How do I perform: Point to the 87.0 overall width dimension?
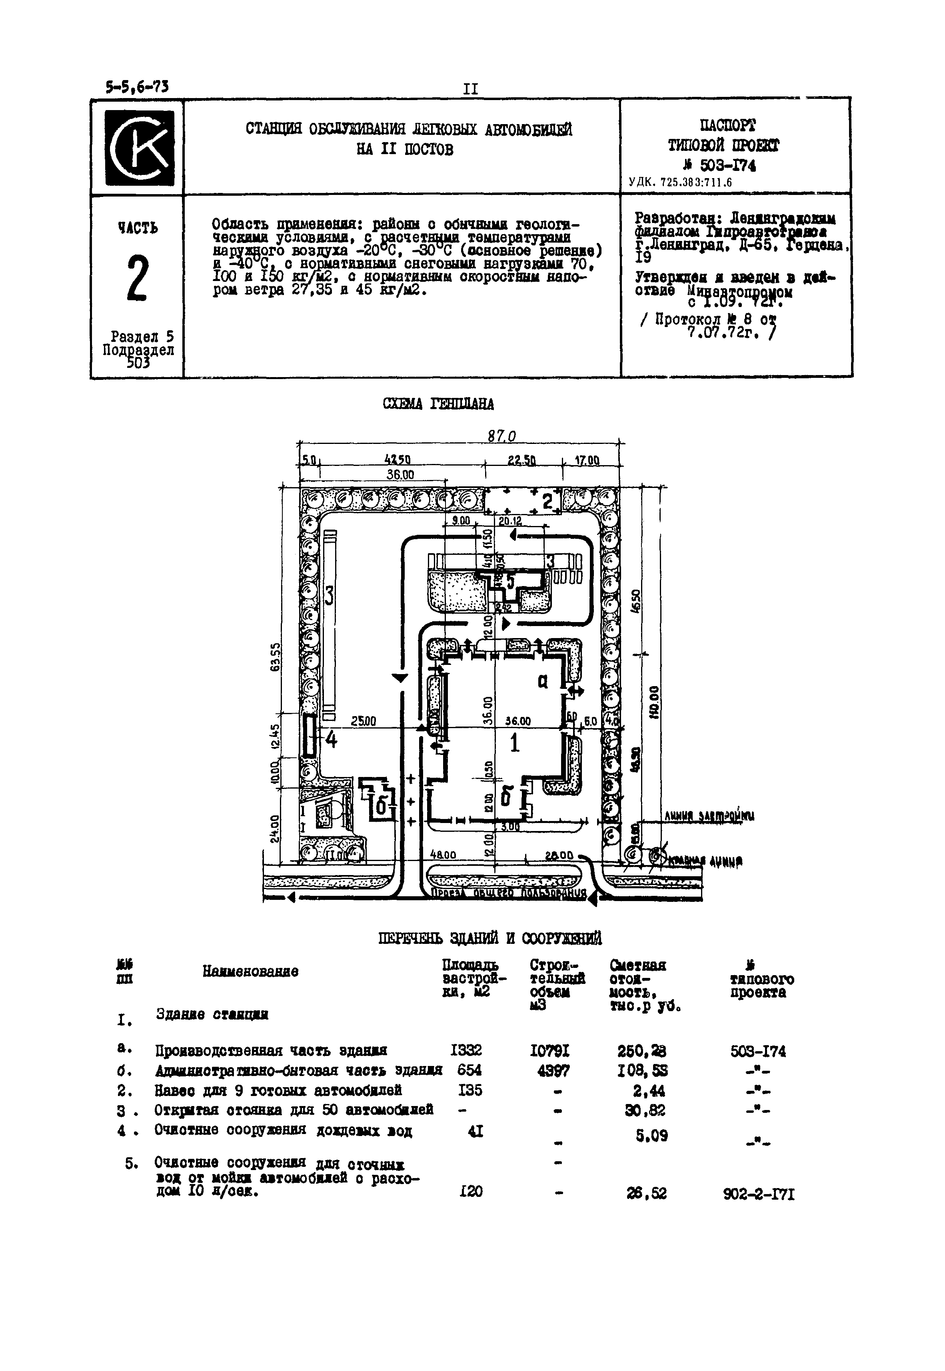tap(501, 436)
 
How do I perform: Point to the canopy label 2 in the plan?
tap(548, 501)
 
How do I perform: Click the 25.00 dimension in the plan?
tap(363, 722)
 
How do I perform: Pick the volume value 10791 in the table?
tap(550, 1051)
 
